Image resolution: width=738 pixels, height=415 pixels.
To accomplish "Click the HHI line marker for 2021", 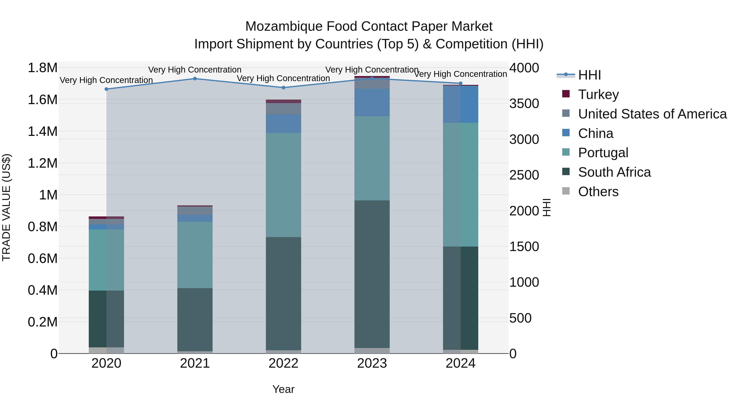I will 195,78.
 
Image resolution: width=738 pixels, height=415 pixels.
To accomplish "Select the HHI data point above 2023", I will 372,78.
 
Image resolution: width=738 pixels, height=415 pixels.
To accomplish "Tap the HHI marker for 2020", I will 106,89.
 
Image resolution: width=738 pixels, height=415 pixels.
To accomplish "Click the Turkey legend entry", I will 598,94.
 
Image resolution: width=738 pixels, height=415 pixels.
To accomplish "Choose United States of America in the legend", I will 652,114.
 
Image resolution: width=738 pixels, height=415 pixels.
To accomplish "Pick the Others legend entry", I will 598,191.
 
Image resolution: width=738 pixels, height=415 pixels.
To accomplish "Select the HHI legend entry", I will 589,75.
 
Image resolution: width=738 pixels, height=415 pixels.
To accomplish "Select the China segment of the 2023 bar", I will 372,102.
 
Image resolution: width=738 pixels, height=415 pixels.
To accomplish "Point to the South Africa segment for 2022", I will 283,293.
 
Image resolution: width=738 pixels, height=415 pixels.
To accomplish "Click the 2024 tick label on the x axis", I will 460,363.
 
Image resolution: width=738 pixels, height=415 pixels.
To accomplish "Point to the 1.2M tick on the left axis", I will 42,163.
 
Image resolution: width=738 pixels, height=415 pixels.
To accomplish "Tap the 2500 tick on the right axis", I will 524,175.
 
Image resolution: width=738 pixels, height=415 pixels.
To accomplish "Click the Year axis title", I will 283,389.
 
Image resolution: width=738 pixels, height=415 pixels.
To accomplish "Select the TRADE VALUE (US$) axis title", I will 6,207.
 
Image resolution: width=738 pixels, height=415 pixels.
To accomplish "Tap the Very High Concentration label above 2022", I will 283,78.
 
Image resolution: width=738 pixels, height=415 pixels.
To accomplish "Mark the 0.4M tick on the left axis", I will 42,290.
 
